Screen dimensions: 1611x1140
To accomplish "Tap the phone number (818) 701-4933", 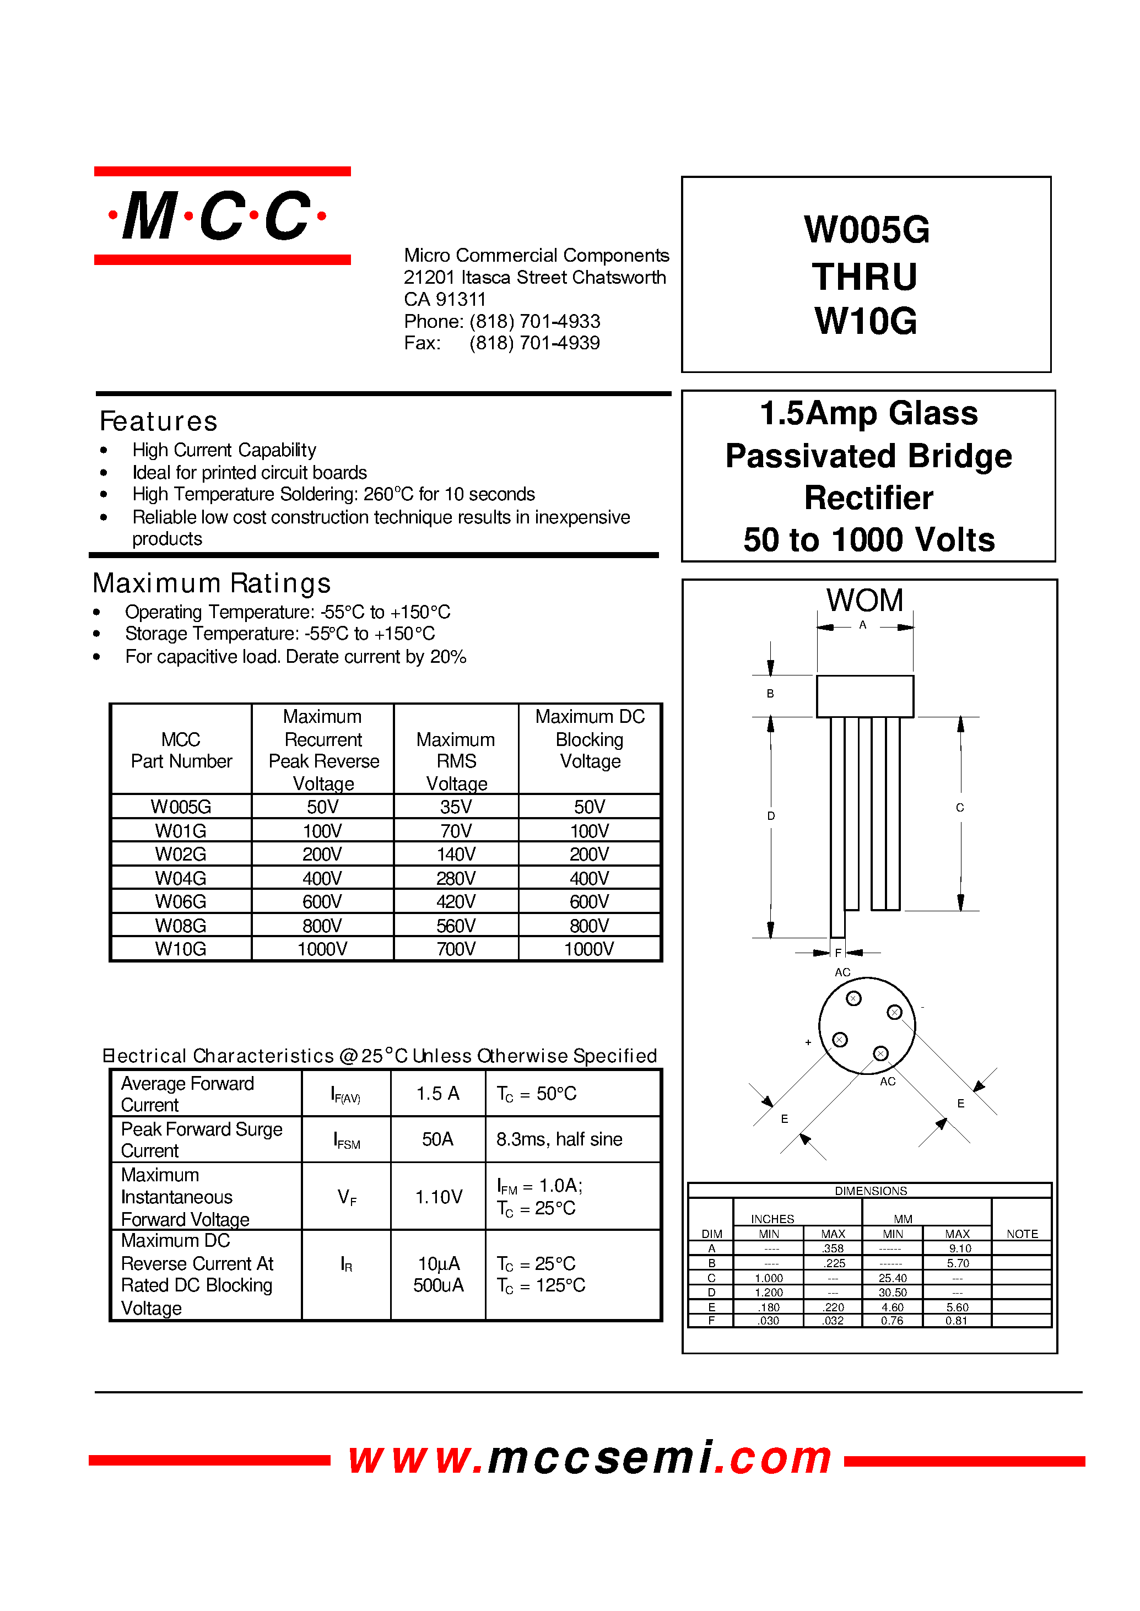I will pyautogui.click(x=534, y=322).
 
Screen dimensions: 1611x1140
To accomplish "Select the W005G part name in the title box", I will pyautogui.click(x=866, y=230).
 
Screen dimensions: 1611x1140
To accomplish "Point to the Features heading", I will pyautogui.click(x=159, y=421).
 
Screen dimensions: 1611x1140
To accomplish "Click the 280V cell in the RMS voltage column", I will pyautogui.click(x=456, y=878).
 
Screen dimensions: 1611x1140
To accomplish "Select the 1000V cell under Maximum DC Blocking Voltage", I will pyautogui.click(x=588, y=949).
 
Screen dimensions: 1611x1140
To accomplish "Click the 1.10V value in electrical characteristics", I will pyautogui.click(x=438, y=1197).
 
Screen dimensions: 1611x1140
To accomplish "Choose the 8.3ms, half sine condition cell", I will pyautogui.click(x=559, y=1139).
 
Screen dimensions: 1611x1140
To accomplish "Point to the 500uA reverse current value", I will pyautogui.click(x=438, y=1285).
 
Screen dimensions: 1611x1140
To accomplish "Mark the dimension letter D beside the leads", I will pyautogui.click(x=771, y=815).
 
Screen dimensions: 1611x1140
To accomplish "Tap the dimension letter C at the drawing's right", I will pyautogui.click(x=960, y=808).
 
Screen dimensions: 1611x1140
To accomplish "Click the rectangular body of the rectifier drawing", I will pyautogui.click(x=865, y=696).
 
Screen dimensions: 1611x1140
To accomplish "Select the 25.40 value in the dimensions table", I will pyautogui.click(x=892, y=1278).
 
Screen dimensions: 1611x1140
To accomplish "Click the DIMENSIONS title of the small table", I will pyautogui.click(x=871, y=1191).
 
